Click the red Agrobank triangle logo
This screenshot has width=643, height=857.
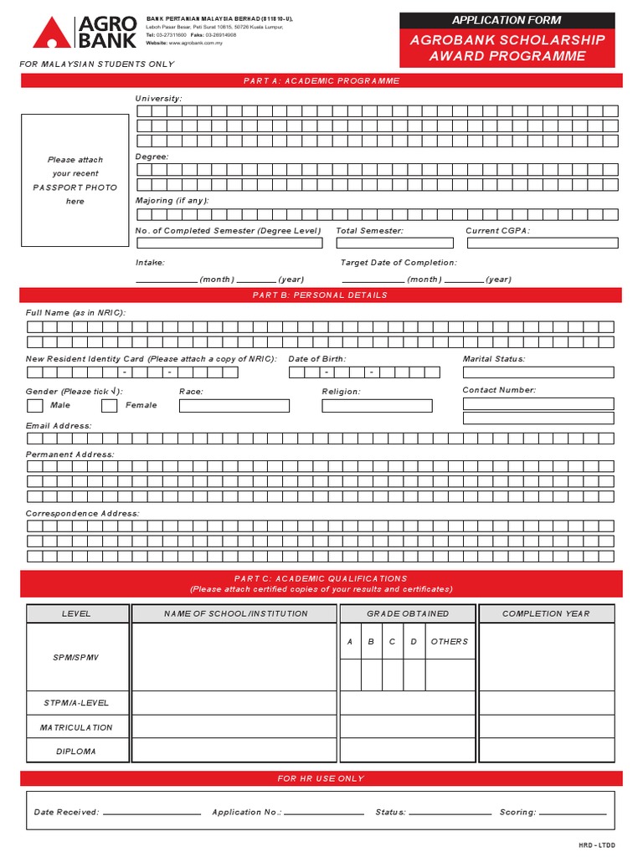pos(52,34)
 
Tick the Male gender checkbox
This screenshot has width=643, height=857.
pos(34,406)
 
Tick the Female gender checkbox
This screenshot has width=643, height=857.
pos(109,406)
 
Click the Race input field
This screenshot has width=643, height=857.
pos(234,406)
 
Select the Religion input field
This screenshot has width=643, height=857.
pos(377,406)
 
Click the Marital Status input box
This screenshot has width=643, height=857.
pos(538,372)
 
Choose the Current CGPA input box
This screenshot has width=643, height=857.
pos(542,244)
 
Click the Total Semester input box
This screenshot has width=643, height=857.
pos(394,244)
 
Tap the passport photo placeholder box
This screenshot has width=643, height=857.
pos(75,180)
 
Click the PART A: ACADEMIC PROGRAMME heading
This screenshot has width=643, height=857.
pos(321,81)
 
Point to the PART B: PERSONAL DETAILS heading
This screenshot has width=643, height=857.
pos(321,295)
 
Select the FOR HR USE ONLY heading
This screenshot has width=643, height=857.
pos(321,778)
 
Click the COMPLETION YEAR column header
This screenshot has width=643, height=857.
pos(546,613)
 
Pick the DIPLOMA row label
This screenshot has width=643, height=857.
pos(76,752)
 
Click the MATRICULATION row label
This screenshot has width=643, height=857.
pos(76,727)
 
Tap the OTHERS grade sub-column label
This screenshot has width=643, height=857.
pos(450,642)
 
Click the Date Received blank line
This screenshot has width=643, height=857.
pos(152,813)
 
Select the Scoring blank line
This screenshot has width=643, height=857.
pos(573,813)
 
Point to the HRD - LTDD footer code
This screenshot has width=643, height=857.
pos(596,845)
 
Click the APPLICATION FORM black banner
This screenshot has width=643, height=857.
pos(507,20)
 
